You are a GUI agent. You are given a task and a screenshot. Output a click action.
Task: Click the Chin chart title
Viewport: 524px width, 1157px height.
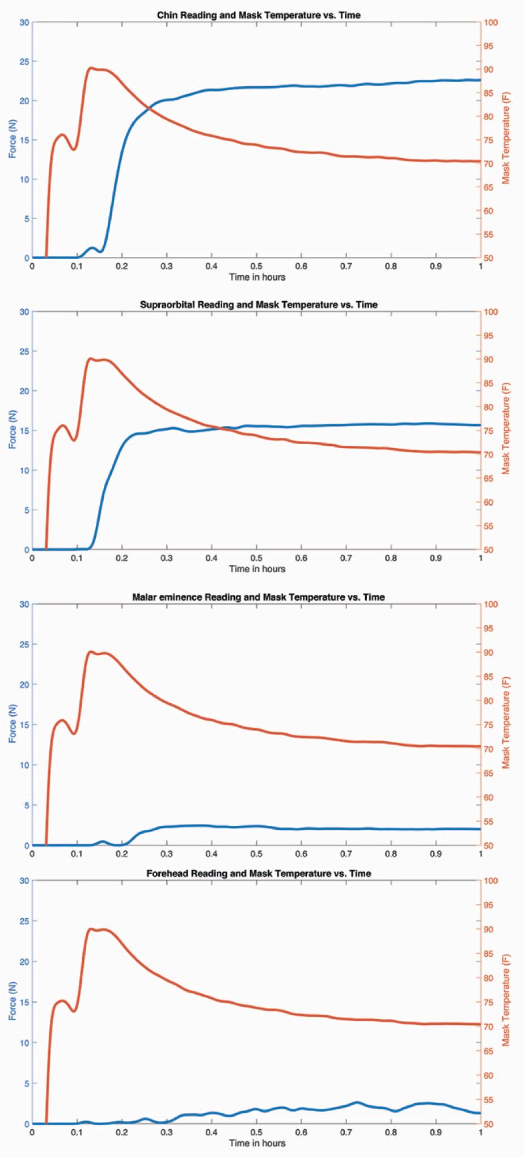(259, 15)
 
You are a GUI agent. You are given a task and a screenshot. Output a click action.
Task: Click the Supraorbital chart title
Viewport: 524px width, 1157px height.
(259, 305)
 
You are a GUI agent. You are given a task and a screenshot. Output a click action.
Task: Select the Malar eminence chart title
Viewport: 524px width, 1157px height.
(259, 597)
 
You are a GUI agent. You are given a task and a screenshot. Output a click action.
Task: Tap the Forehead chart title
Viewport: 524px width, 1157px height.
(259, 873)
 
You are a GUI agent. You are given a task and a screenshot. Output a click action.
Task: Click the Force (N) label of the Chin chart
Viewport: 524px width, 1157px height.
(12, 140)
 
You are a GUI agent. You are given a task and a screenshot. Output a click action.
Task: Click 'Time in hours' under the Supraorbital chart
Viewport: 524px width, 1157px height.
(257, 569)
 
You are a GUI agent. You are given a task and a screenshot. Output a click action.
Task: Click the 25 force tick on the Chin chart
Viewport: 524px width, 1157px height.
(24, 61)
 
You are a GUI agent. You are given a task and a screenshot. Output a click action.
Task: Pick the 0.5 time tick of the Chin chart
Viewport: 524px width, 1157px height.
(256, 267)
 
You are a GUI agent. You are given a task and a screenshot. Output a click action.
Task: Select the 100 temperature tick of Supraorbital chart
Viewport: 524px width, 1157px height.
(491, 312)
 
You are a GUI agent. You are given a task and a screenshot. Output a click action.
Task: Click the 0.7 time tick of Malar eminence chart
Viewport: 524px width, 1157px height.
(346, 854)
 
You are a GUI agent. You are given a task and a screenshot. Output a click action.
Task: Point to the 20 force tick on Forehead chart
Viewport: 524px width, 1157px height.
(24, 962)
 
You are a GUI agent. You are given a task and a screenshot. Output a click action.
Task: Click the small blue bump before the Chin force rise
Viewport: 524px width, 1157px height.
(92, 248)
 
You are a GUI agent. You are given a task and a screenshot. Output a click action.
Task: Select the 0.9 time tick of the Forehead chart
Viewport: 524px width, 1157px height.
(436, 1132)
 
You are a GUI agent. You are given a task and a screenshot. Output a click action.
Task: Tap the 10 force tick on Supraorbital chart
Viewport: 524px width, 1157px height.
(24, 470)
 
